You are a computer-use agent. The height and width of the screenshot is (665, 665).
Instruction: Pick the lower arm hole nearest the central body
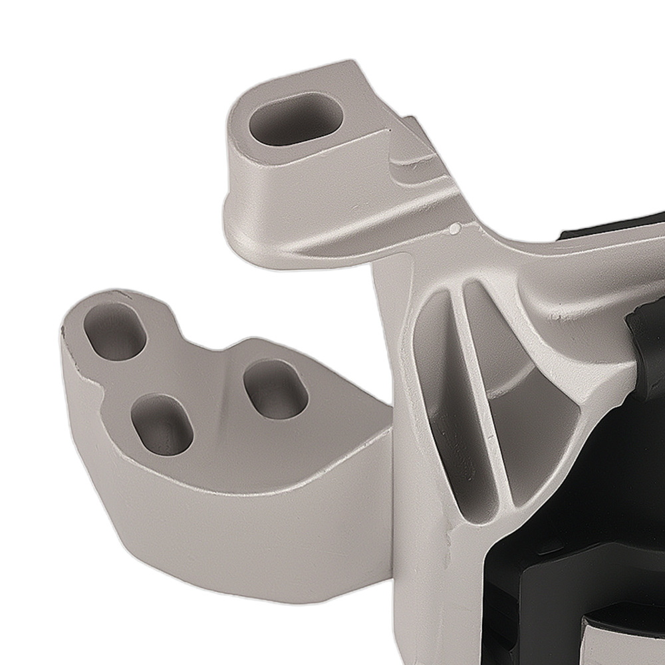[x=275, y=388]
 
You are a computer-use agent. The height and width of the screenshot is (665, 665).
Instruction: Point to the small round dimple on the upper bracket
[x=454, y=229]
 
